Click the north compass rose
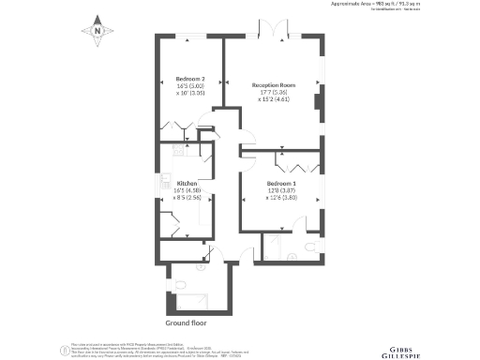coord(97,31)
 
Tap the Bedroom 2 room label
coord(190,79)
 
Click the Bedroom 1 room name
coord(281,183)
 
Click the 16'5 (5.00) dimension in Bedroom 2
coord(190,86)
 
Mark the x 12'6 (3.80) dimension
coord(281,198)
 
